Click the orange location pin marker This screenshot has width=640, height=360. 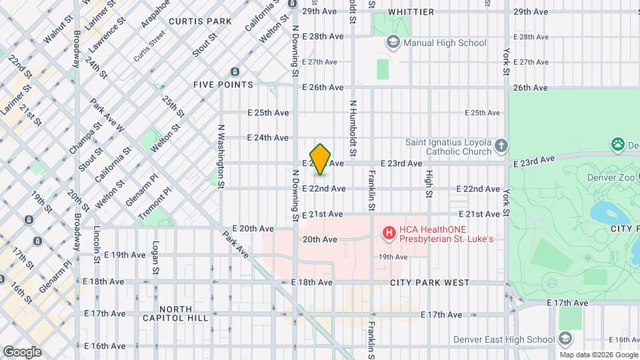[x=321, y=159]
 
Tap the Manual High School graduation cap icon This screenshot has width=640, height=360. [x=393, y=43]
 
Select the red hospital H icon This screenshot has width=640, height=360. [x=388, y=233]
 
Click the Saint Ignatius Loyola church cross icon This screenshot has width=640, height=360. [x=502, y=145]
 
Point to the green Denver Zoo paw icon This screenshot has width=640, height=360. [x=618, y=144]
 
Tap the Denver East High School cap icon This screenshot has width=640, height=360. [x=566, y=339]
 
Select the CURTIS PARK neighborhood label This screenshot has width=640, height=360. [x=200, y=21]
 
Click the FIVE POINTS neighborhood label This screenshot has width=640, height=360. [x=223, y=85]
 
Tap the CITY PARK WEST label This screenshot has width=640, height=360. [x=431, y=283]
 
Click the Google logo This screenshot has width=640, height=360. [x=22, y=352]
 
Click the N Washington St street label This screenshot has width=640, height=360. [x=219, y=155]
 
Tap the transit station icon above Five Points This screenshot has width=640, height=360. [x=235, y=71]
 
